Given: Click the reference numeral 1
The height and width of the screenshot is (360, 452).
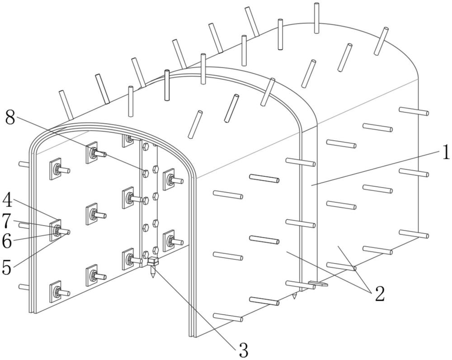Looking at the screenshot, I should coord(445,153).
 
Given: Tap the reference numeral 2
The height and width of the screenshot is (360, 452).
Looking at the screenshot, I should coord(379,294).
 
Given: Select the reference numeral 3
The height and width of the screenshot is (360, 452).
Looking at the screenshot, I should coord(243,348).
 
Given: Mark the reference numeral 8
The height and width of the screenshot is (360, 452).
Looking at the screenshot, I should coord(11,118).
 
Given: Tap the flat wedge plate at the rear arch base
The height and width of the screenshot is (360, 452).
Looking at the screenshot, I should coord(318,284).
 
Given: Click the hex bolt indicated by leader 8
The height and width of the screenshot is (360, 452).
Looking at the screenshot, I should coord(145,172).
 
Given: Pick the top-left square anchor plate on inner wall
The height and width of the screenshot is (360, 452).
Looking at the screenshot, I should coord(56,169).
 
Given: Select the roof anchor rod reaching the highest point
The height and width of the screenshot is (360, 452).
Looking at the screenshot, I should coord(317,18).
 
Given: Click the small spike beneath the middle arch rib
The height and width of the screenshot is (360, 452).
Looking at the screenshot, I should coord(295,297).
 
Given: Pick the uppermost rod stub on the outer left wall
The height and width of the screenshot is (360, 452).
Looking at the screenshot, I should coord(23,164).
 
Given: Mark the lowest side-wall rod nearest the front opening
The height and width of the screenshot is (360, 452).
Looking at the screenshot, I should coord(228,317).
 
